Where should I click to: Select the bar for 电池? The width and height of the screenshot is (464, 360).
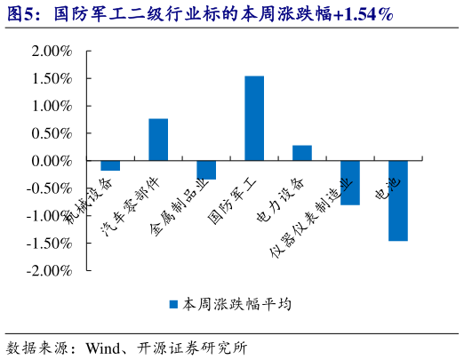pyautogui.click(x=397, y=201)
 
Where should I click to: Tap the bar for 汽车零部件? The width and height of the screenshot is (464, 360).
pyautogui.click(x=158, y=140)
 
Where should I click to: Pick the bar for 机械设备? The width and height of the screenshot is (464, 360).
pyautogui.click(x=110, y=165)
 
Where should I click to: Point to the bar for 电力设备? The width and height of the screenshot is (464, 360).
pyautogui.click(x=302, y=153)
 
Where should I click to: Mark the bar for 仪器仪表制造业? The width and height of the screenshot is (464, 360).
pyautogui.click(x=350, y=183)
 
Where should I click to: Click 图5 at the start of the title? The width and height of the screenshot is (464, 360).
pyautogui.click(x=23, y=15)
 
